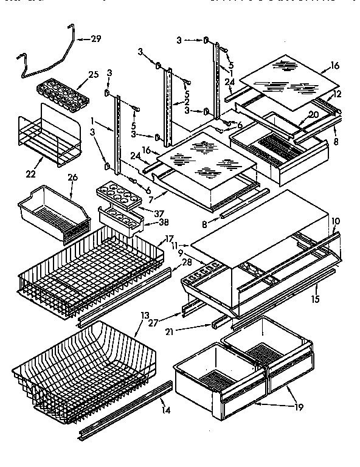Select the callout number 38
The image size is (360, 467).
[x=146, y=223]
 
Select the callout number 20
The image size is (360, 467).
[x=314, y=114]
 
